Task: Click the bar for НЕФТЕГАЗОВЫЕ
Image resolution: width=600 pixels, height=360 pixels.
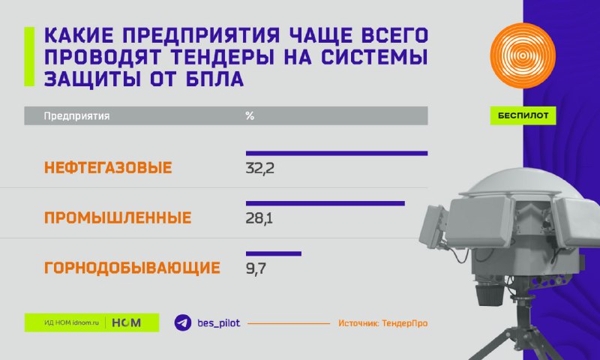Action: click(x=337, y=154)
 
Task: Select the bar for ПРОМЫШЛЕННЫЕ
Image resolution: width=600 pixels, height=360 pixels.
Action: click(x=325, y=203)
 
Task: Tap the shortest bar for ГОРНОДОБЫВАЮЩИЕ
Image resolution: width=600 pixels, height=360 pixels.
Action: click(x=274, y=253)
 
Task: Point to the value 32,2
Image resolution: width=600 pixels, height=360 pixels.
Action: click(x=259, y=168)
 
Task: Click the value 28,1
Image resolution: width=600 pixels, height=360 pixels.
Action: click(x=259, y=218)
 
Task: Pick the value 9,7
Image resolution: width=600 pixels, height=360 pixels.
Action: click(x=256, y=268)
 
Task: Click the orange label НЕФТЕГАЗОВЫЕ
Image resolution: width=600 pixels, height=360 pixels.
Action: click(x=108, y=168)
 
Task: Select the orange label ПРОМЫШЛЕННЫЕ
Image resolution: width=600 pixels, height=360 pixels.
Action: click(x=118, y=218)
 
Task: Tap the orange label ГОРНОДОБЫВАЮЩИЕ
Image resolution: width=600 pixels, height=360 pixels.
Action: click(x=132, y=268)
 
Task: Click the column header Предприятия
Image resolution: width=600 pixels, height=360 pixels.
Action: click(x=76, y=116)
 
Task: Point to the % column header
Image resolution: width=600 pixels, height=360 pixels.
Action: click(x=250, y=116)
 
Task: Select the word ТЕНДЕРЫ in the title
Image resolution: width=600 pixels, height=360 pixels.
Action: click(x=222, y=58)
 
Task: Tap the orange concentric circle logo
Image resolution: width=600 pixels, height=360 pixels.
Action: click(x=523, y=55)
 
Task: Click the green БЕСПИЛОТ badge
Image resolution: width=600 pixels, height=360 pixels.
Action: click(x=523, y=115)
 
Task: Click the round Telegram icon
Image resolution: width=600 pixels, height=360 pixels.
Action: click(x=183, y=323)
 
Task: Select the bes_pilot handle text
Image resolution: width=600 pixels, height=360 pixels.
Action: click(x=218, y=323)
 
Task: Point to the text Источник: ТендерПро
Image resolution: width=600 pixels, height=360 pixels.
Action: click(x=382, y=323)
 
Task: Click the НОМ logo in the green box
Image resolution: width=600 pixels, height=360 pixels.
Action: click(x=126, y=323)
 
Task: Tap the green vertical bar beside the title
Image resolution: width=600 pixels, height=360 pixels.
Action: click(x=29, y=56)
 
